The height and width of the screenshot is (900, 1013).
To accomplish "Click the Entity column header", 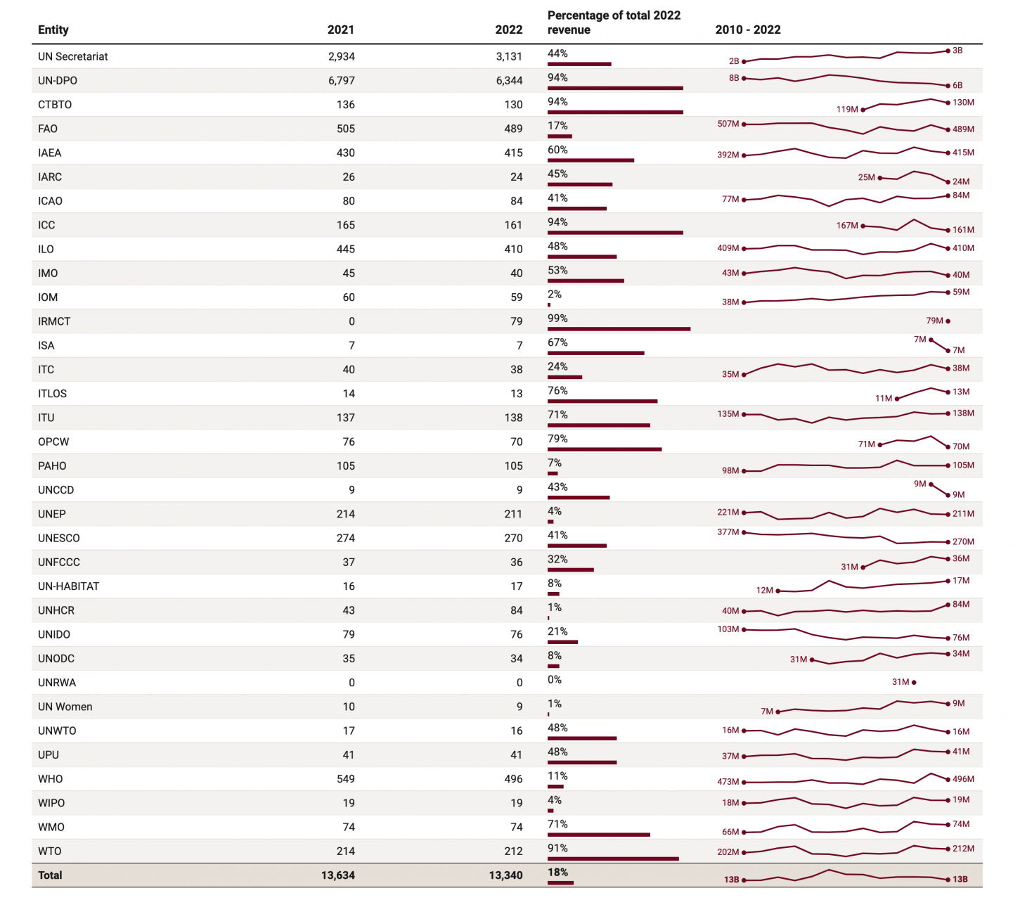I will tap(53, 30).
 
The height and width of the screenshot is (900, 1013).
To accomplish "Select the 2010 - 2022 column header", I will tap(748, 30).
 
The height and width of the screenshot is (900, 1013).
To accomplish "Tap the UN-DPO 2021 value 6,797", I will tap(341, 81).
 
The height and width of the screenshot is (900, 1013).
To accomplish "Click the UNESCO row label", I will tap(59, 539).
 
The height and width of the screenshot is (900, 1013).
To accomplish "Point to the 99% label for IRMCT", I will tap(557, 319).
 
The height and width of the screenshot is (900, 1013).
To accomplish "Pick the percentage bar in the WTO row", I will tap(613, 859).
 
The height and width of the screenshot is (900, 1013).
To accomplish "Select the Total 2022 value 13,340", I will tap(505, 875).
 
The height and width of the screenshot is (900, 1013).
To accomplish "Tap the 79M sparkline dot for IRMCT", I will tap(948, 321).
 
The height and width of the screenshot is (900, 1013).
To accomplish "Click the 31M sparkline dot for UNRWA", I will tap(913, 682).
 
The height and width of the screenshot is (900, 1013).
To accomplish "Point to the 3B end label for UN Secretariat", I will tap(957, 51).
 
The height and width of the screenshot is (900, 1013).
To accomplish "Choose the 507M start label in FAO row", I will tap(728, 124).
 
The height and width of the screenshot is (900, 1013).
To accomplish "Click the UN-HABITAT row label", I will tap(69, 586).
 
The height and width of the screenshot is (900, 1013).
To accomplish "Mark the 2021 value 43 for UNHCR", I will tap(348, 610).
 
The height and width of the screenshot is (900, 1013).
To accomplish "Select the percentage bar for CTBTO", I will tap(615, 112).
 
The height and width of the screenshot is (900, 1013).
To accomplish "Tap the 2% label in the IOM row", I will tap(555, 295).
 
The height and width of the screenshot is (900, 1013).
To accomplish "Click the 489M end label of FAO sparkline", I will tap(963, 129).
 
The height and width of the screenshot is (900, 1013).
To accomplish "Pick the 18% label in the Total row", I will tap(557, 873).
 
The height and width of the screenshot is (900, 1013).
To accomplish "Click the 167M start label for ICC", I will tap(847, 226).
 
